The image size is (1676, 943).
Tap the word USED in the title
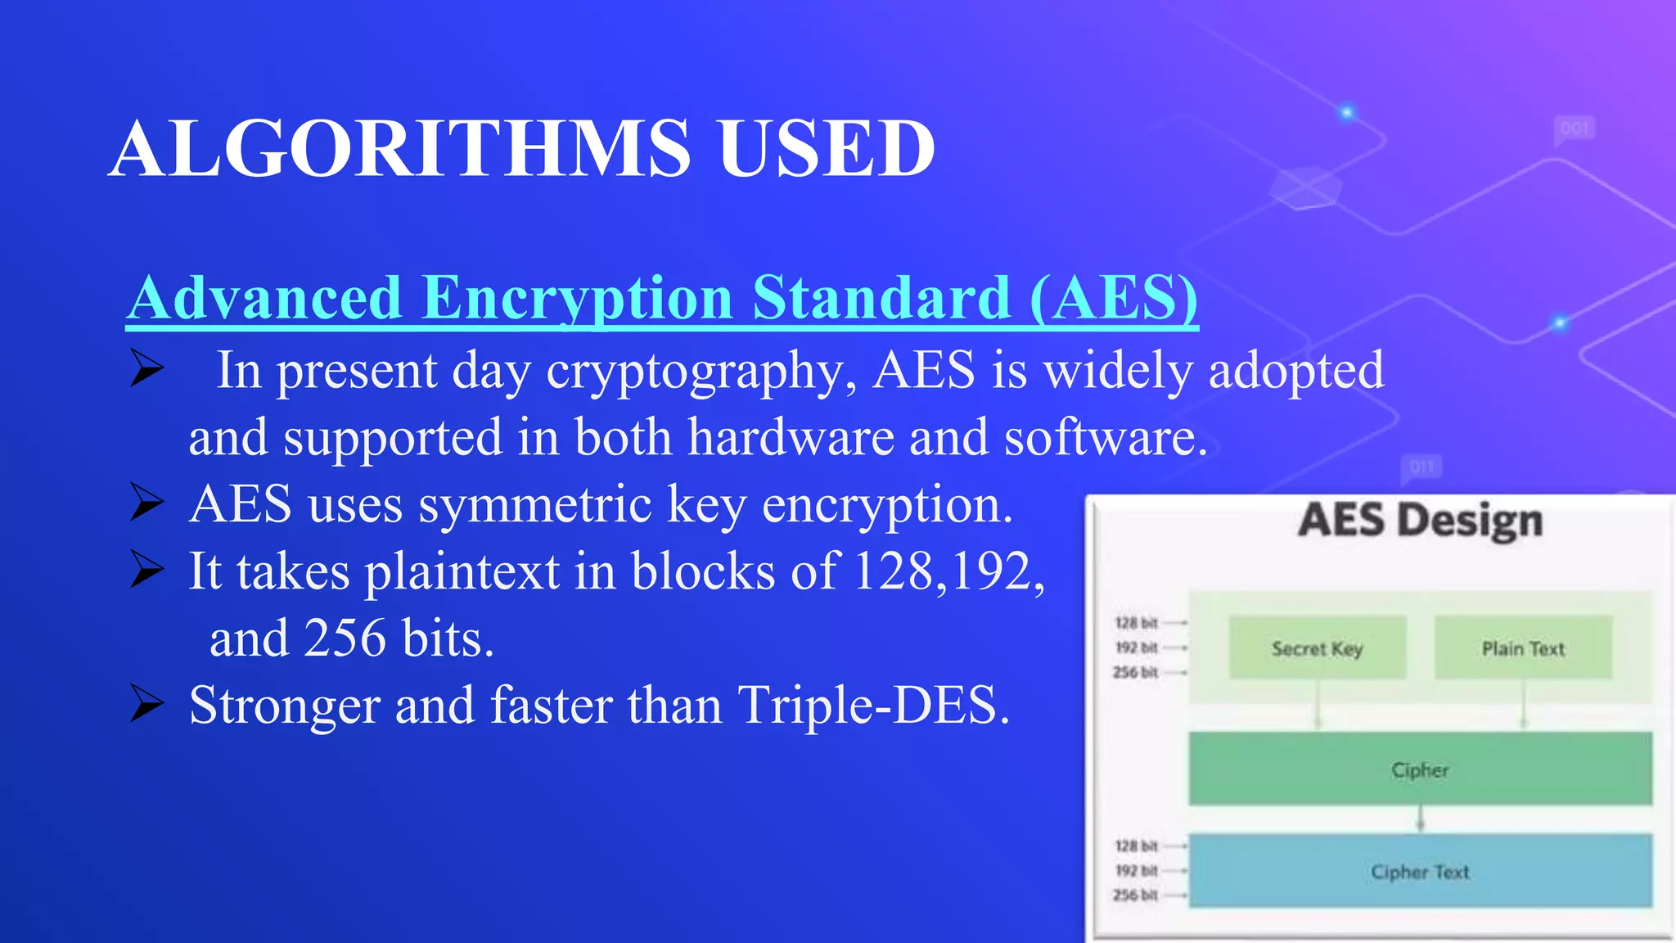[x=827, y=149]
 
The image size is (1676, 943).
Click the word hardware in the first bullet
[x=791, y=438]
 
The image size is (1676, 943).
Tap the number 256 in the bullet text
[x=345, y=638]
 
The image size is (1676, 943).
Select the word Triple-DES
[x=873, y=705]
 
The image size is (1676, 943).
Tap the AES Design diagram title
[x=1420, y=521]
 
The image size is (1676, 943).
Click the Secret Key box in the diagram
[x=1317, y=648]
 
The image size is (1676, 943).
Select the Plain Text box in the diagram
[x=1523, y=648]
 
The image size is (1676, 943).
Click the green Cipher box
[x=1420, y=769]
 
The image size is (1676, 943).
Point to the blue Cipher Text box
[x=1420, y=871]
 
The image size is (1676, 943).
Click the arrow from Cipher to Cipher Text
[x=1421, y=819]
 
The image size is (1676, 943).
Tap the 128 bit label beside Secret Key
[x=1136, y=624]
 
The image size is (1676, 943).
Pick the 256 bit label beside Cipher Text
[x=1136, y=896]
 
